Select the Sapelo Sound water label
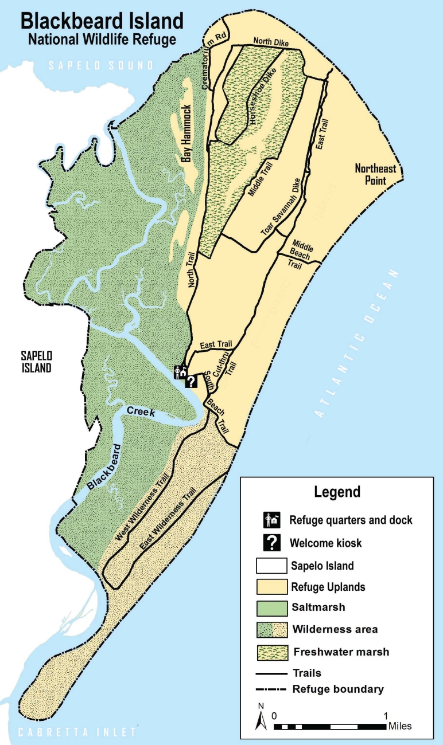click(101, 65)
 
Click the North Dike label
click(271, 42)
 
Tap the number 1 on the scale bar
click(386, 716)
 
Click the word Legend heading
click(337, 491)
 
